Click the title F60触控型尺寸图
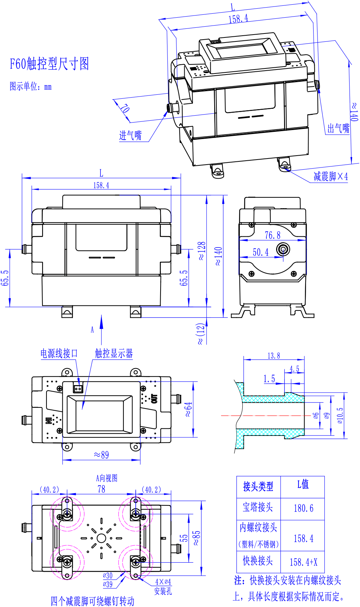(49, 64)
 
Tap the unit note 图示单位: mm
(31, 86)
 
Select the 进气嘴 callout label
(130, 135)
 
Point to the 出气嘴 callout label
(338, 128)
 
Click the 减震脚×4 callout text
(330, 177)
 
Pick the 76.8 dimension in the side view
(273, 235)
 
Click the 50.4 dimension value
(261, 252)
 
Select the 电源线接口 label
(59, 353)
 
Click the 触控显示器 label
(114, 353)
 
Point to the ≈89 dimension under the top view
(101, 455)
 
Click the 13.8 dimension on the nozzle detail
(274, 356)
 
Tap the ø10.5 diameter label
(340, 415)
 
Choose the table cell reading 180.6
(303, 508)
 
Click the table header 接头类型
(258, 487)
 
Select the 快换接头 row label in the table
(258, 561)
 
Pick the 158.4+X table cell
(303, 562)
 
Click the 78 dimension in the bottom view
(102, 489)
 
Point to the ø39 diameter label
(108, 584)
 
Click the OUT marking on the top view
(154, 398)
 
